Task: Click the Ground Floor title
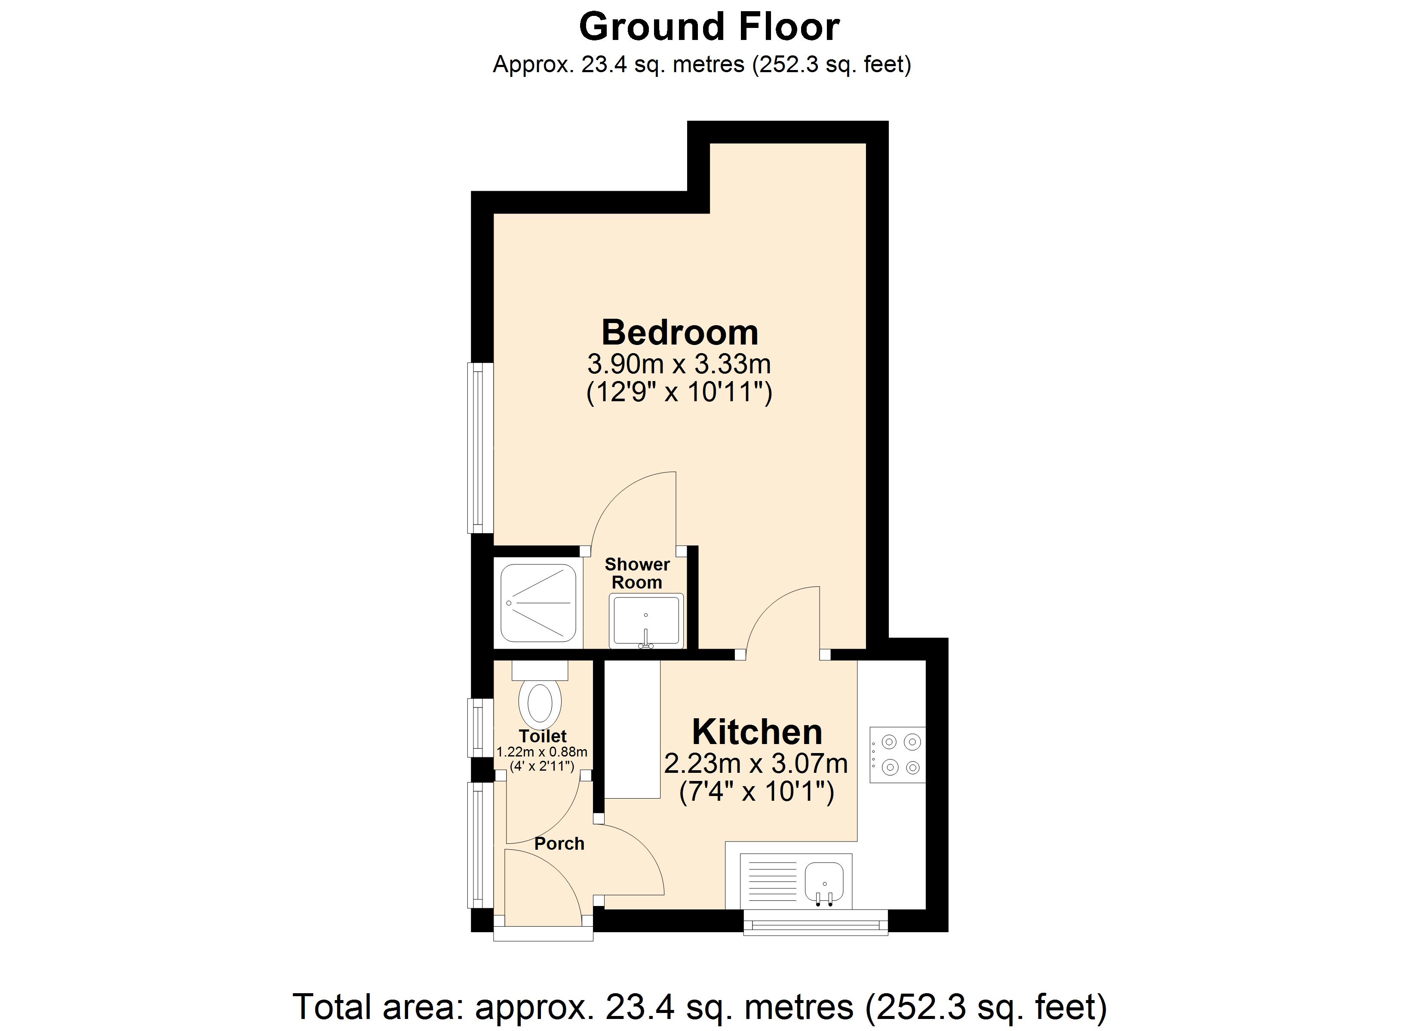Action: [709, 27]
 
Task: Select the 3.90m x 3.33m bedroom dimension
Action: [679, 364]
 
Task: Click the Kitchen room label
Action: [757, 732]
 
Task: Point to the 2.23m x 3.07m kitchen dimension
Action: [756, 763]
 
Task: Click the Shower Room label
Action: [637, 573]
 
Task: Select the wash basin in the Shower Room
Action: [646, 621]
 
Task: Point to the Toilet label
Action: [543, 736]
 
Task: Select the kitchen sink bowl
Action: [825, 879]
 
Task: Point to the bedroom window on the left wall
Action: [480, 448]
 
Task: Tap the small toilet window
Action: [480, 728]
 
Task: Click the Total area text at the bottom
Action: [700, 1007]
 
